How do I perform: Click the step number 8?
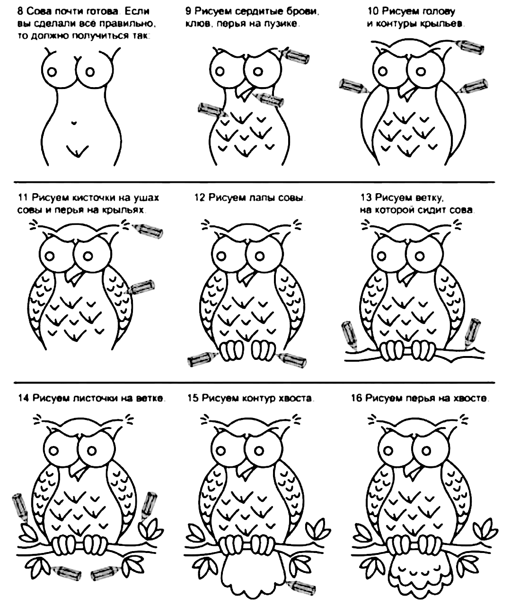pyautogui.click(x=20, y=12)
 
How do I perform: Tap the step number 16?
pyautogui.click(x=356, y=398)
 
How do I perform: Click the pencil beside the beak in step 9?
pyautogui.click(x=268, y=99)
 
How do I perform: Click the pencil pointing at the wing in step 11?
pyautogui.click(x=140, y=287)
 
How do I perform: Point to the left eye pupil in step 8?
pyautogui.click(x=52, y=72)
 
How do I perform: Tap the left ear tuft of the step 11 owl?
pyautogui.click(x=34, y=225)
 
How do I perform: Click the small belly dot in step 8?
pyautogui.click(x=75, y=123)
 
